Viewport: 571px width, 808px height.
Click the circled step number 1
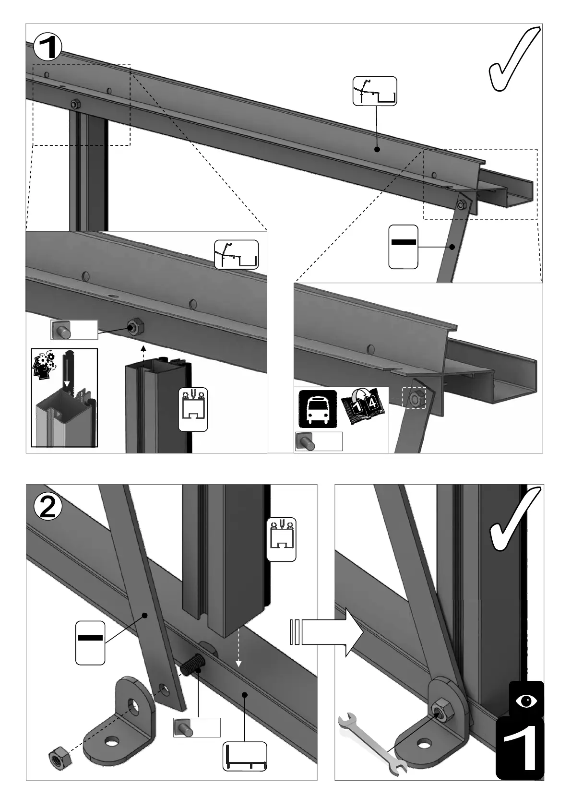point(47,47)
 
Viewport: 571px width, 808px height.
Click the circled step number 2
point(48,507)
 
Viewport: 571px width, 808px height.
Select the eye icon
point(526,701)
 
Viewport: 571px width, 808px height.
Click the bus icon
point(318,409)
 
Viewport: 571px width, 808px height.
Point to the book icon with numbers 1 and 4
point(363,406)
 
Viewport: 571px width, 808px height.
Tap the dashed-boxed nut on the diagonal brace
point(414,398)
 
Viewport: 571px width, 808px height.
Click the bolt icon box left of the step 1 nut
point(74,330)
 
